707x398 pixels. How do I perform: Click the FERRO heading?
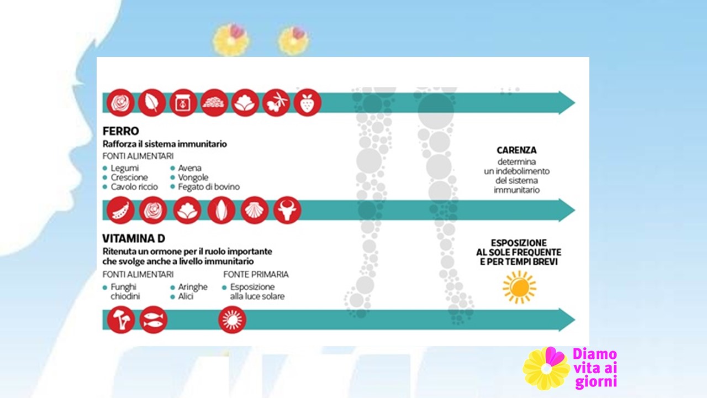point(120,131)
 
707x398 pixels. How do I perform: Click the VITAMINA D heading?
point(134,238)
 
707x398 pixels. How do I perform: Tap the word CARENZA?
point(516,150)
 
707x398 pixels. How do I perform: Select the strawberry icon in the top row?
point(308,103)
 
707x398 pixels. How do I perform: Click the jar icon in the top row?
point(183,103)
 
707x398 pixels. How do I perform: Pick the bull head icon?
point(287,210)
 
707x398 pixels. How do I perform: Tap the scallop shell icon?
point(255,210)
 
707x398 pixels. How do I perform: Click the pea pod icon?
point(120,210)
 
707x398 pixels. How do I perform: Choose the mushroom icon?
point(121,320)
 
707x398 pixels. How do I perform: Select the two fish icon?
point(154,320)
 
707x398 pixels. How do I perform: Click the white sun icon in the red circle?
point(233,320)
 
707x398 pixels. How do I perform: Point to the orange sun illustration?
point(519,287)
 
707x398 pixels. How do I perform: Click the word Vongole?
point(193,177)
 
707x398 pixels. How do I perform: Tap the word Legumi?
point(125,168)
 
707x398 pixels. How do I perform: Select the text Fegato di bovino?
point(209,187)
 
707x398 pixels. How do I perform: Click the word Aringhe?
point(193,287)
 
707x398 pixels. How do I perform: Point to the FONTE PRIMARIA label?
point(256,274)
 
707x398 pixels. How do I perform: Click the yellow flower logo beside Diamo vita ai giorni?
point(547,368)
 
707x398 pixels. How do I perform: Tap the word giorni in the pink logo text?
point(596,381)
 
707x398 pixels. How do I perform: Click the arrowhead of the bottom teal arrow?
point(567,320)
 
